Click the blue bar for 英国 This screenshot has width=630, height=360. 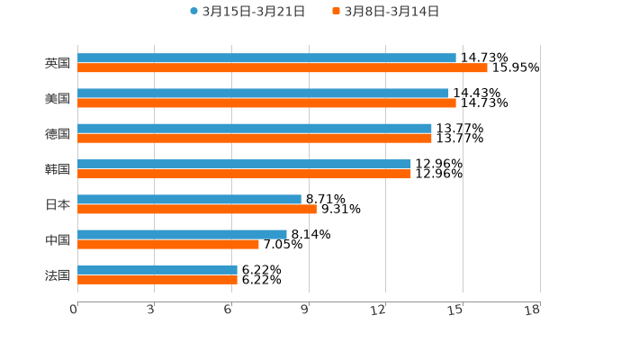(266, 58)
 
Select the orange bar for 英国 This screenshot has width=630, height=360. (282, 67)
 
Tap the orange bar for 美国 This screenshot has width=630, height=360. (266, 103)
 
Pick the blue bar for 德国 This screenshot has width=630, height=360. (254, 129)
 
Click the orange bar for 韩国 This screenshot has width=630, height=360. (244, 174)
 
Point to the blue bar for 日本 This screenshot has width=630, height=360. (189, 199)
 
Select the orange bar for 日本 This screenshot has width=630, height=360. (196, 209)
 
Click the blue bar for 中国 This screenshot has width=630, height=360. (182, 234)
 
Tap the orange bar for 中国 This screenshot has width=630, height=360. (167, 244)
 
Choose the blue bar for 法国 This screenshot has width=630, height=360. (157, 269)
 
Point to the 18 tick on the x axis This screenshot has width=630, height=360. (532, 310)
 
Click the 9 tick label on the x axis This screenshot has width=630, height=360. (306, 310)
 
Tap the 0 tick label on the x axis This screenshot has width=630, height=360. (74, 310)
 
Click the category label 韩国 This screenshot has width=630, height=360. (57, 169)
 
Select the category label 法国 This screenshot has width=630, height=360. (57, 274)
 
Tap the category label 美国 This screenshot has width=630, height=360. (57, 99)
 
